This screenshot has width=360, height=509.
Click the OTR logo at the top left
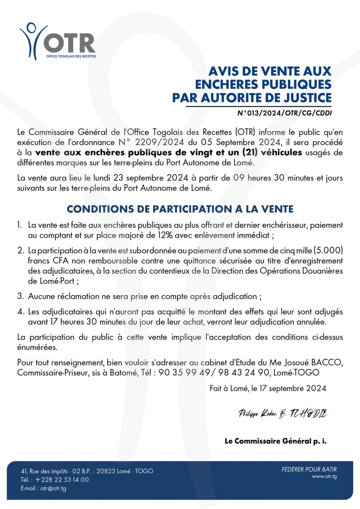point(58,41)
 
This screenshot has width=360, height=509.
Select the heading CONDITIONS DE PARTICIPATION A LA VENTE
point(180,209)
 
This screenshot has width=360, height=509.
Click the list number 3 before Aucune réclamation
point(20,296)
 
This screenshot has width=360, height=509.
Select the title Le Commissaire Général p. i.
point(275,440)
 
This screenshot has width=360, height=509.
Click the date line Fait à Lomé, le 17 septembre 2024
point(269,389)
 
